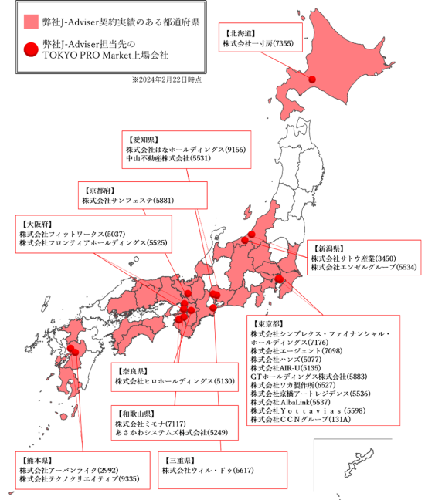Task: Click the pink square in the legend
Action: pyautogui.click(x=30, y=22)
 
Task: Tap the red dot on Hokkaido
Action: pyautogui.click(x=313, y=79)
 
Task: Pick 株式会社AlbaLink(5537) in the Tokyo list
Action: pyautogui.click(x=291, y=402)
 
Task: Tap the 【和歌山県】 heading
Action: pyautogui.click(x=134, y=413)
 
